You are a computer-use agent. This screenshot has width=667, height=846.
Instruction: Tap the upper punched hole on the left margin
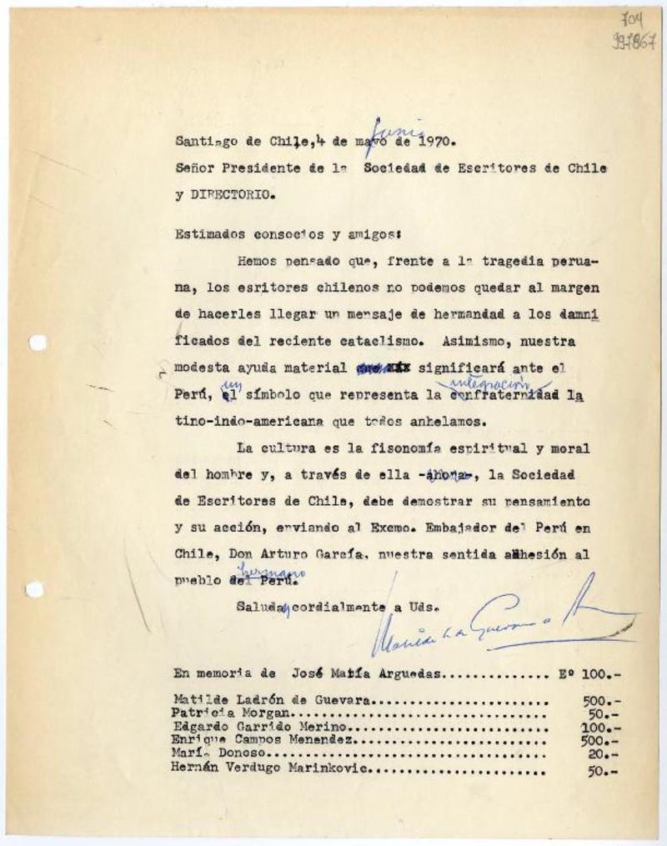coord(37,343)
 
